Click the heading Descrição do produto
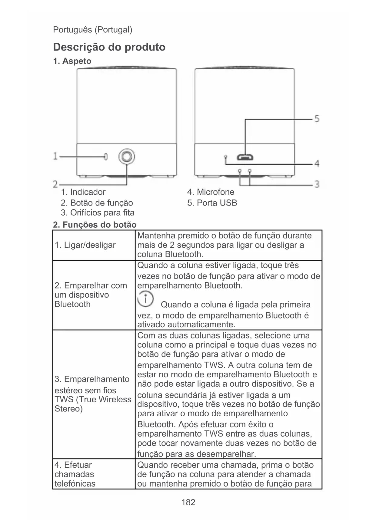(x=109, y=47)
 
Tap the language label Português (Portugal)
(x=92, y=30)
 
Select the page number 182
(x=188, y=502)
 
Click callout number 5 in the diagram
(x=317, y=119)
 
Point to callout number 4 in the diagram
(x=317, y=164)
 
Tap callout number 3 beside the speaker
(x=317, y=184)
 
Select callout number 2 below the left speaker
(x=55, y=184)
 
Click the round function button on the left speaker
(x=127, y=157)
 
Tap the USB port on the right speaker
(x=245, y=157)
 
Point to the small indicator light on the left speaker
(x=105, y=157)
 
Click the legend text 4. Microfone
(x=211, y=192)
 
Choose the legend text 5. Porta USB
(x=212, y=203)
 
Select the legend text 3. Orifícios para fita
(x=97, y=213)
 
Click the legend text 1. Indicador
(x=83, y=192)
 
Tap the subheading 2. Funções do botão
(x=95, y=225)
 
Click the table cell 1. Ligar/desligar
(x=85, y=245)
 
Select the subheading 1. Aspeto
(x=72, y=61)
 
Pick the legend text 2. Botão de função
(x=97, y=203)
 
